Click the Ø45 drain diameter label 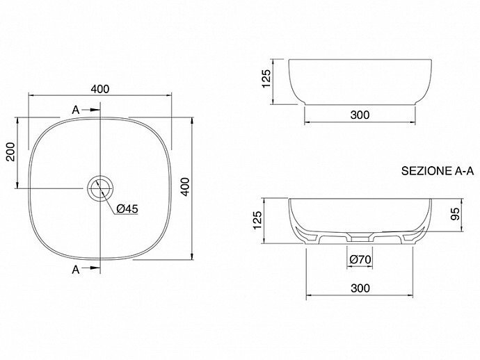[127, 209]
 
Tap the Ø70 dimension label [360, 260]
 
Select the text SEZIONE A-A [438, 171]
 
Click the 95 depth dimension [455, 214]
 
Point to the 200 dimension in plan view [11, 152]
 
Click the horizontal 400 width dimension [100, 89]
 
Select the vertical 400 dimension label [185, 186]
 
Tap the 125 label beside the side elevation [266, 79]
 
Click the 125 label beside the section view [257, 220]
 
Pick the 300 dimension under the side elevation [360, 115]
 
